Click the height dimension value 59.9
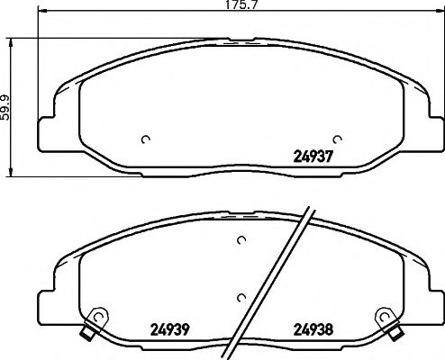[x=6, y=106]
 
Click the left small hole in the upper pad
[x=146, y=139]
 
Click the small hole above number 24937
[x=337, y=139]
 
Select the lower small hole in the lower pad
[x=241, y=297]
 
